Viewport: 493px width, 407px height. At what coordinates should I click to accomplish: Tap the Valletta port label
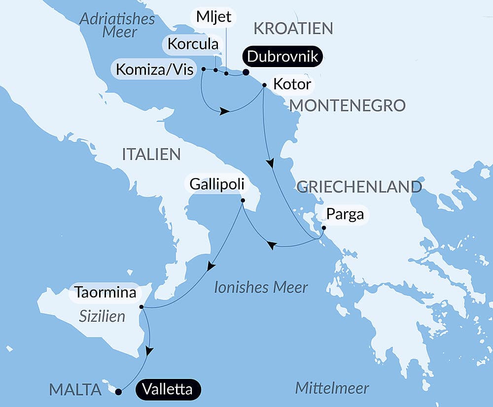(168, 389)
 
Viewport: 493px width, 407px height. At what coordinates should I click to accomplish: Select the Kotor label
(292, 85)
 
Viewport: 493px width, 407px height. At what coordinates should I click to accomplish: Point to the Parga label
(345, 215)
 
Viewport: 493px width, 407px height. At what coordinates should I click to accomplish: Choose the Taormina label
(105, 293)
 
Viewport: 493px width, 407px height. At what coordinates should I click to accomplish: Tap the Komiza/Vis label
(154, 70)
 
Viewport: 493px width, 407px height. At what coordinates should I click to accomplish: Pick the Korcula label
(192, 44)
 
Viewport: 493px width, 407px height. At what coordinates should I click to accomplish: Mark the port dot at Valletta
(118, 392)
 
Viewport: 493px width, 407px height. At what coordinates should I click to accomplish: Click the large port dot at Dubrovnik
(246, 73)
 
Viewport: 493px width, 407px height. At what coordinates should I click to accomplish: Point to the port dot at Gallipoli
(243, 200)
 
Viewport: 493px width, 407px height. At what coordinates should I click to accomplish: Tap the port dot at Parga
(323, 228)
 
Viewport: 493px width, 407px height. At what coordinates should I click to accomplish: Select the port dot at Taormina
(141, 307)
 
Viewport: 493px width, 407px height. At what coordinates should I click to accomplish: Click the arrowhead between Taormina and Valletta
(149, 351)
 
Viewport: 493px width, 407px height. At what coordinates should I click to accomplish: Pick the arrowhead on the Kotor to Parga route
(270, 163)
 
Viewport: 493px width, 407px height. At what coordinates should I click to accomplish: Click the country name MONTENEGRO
(347, 105)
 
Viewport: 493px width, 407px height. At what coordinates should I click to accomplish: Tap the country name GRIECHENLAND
(359, 186)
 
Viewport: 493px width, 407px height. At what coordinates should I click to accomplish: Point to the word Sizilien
(102, 316)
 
